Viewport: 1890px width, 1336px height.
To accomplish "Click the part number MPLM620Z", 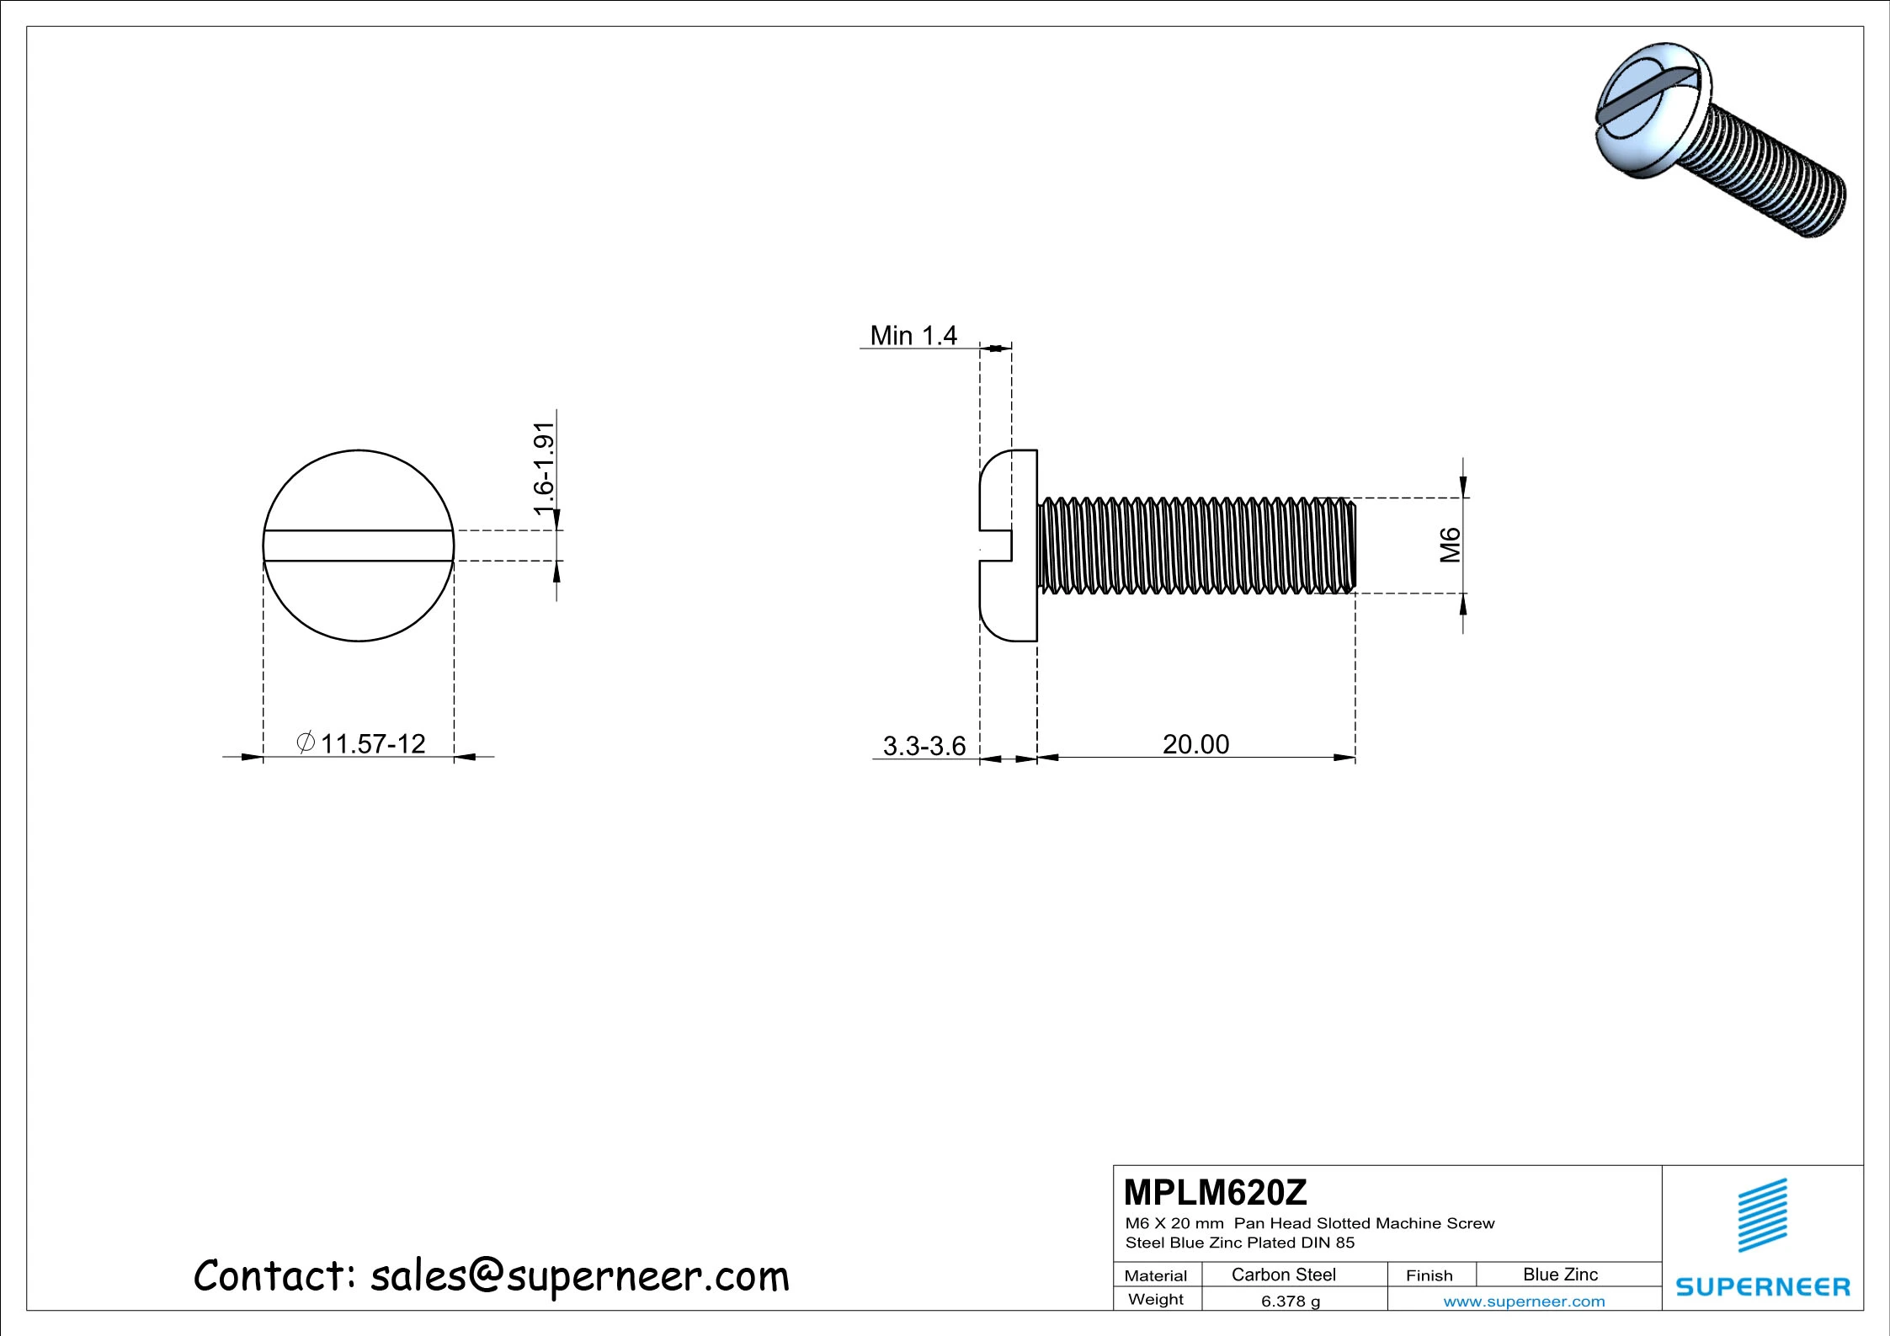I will [1215, 1193].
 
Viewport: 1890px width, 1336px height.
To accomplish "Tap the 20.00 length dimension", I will [1195, 744].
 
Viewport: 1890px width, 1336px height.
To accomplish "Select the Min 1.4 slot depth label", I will [913, 336].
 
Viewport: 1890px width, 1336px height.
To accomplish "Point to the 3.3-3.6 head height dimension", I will [924, 746].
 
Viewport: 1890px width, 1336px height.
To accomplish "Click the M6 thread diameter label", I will [1450, 545].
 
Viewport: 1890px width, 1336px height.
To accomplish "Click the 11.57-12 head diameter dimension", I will [373, 744].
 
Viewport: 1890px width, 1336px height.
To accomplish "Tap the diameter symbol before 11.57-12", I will [306, 743].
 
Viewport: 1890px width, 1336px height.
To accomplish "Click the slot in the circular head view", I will [359, 546].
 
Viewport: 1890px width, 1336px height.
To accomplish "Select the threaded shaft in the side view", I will [1195, 546].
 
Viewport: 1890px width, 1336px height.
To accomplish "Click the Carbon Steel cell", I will [1283, 1275].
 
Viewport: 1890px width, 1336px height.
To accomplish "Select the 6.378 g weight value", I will [1290, 1301].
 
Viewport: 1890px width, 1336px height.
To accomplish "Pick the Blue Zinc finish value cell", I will [1560, 1275].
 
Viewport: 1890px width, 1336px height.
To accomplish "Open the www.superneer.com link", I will [1524, 1301].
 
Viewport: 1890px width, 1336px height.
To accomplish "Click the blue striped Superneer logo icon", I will [1762, 1215].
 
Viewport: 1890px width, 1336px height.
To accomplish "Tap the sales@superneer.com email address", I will [579, 1276].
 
